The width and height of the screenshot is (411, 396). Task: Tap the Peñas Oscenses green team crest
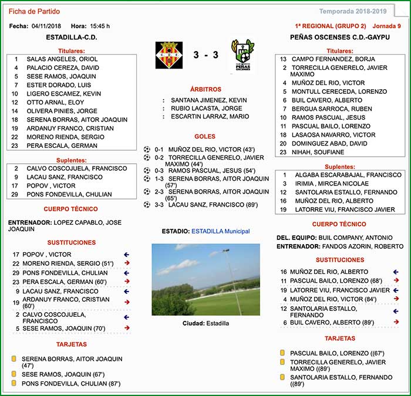click(x=242, y=55)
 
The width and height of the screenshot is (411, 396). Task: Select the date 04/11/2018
click(x=47, y=26)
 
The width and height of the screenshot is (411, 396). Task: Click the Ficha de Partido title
click(x=35, y=11)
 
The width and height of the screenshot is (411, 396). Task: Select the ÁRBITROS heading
click(x=206, y=89)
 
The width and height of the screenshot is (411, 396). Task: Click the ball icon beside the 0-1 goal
click(x=147, y=150)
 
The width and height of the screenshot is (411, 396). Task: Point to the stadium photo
click(x=206, y=279)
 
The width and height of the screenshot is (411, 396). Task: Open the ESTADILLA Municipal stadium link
click(x=221, y=231)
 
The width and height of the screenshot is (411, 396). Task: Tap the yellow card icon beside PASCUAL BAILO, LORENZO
click(x=282, y=353)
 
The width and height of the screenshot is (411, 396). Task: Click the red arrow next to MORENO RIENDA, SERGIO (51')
click(x=126, y=263)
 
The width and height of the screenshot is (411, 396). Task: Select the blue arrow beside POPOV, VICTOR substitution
click(x=126, y=255)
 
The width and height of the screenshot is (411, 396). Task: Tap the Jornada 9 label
click(x=388, y=26)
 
